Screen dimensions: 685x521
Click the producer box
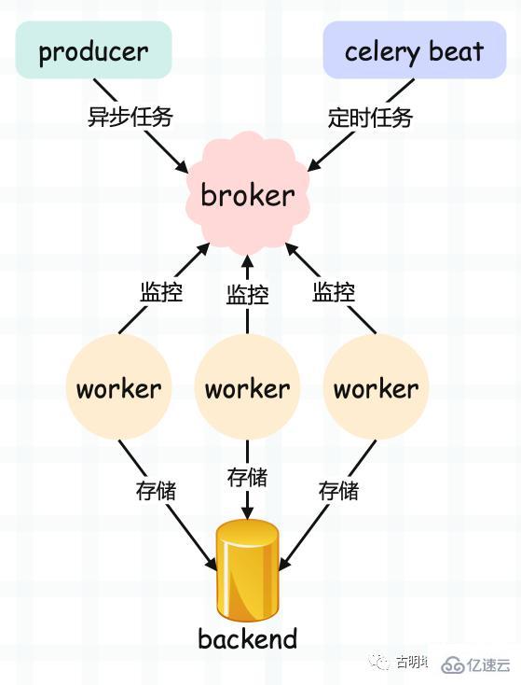click(x=93, y=50)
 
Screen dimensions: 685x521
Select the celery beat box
click(x=415, y=50)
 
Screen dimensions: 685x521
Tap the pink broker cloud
click(x=247, y=195)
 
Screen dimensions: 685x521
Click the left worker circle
click(x=118, y=388)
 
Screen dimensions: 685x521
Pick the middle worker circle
click(x=247, y=388)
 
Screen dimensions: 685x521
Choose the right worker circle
click(x=376, y=388)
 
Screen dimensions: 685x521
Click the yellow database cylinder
click(x=247, y=570)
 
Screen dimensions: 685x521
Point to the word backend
click(x=247, y=639)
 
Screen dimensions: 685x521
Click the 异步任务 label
click(x=130, y=118)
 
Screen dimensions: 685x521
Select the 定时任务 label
click(x=370, y=118)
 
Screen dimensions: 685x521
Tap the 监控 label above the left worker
click(x=161, y=291)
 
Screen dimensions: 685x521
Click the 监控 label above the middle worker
click(x=247, y=295)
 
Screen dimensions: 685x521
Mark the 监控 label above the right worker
click(x=334, y=291)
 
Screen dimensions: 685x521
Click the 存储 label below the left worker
click(x=156, y=490)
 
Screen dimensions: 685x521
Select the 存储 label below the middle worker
click(x=247, y=477)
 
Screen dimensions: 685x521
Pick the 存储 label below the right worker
click(x=338, y=490)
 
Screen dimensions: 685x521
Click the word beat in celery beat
click(x=457, y=50)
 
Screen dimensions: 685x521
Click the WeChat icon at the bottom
click(x=380, y=662)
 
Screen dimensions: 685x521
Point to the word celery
click(x=384, y=51)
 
